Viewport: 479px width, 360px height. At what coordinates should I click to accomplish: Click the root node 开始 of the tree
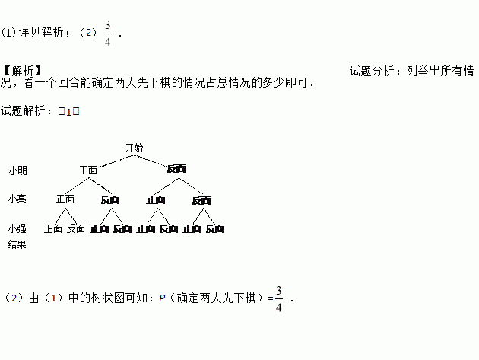coord(134,148)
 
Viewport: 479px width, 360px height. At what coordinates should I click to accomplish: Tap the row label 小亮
coord(17,199)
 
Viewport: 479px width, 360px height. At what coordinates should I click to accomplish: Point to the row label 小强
coord(17,228)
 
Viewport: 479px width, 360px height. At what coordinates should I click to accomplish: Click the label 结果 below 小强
coord(17,244)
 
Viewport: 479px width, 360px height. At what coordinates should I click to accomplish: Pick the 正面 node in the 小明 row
coord(88,170)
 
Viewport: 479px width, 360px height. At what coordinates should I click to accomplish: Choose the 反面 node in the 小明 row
coord(176,169)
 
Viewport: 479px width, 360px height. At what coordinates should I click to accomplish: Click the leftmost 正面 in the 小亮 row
coord(65,199)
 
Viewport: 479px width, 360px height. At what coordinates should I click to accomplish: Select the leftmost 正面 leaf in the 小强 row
coord(53,228)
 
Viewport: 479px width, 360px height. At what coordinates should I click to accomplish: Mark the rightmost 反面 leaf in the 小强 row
coord(215,228)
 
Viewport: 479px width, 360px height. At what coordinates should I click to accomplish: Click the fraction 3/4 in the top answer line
coord(108,33)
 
